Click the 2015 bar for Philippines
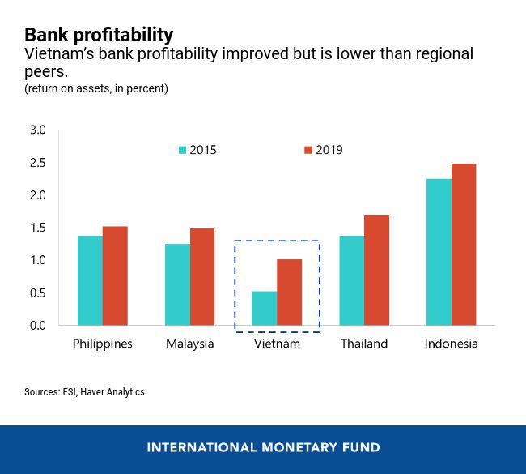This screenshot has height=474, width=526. [x=90, y=280]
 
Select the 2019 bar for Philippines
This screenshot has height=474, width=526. [x=115, y=275]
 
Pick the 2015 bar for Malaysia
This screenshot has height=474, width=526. [x=177, y=284]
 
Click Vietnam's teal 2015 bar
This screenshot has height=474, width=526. [x=265, y=308]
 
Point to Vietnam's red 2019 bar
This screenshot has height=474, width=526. [x=290, y=292]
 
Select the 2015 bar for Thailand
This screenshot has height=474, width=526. [x=352, y=280]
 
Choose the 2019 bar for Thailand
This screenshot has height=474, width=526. [x=377, y=270]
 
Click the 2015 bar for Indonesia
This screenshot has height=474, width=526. [x=439, y=252]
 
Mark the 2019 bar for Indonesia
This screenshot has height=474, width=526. [x=464, y=245]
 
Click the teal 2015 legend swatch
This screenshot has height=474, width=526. [x=182, y=150]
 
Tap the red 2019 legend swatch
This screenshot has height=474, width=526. [x=308, y=150]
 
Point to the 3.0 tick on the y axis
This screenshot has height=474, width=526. [x=39, y=130]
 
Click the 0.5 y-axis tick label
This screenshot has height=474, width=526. [x=39, y=293]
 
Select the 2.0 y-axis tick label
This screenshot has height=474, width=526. [x=39, y=195]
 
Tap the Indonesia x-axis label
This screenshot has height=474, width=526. [x=451, y=344]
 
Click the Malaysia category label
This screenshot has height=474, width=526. [x=190, y=344]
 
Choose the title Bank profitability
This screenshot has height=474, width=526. [x=99, y=35]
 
